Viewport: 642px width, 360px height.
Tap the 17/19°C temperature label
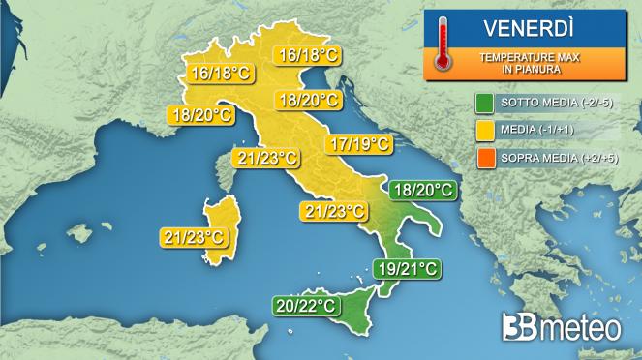(x=359, y=145)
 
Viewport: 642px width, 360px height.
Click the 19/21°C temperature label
(x=407, y=268)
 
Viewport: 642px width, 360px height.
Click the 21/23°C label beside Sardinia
(x=195, y=236)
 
